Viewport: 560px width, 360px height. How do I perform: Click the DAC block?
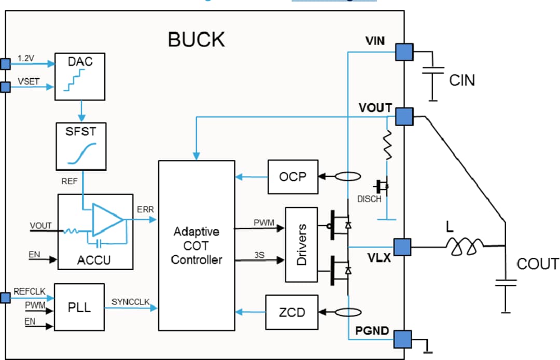click(80, 76)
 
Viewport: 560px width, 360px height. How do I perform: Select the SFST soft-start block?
click(80, 147)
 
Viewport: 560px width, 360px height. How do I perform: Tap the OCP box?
click(292, 177)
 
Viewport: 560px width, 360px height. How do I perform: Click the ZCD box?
click(292, 312)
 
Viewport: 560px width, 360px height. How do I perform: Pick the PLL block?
click(79, 307)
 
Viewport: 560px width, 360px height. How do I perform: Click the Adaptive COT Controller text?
click(196, 245)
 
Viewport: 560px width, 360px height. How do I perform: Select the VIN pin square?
click(404, 52)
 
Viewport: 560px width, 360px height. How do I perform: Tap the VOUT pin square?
click(404, 116)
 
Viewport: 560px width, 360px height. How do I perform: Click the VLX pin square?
click(402, 247)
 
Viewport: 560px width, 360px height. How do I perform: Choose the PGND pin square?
click(402, 339)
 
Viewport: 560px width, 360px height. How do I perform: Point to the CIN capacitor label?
click(461, 80)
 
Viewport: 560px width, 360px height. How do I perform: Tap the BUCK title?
click(197, 39)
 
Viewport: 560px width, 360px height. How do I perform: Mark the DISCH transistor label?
click(369, 199)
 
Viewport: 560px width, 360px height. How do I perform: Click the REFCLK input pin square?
click(5, 298)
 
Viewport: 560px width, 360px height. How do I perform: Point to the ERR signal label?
click(145, 210)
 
